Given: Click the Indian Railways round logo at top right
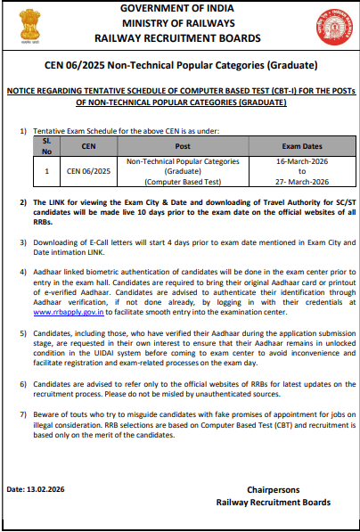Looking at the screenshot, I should tap(336, 24).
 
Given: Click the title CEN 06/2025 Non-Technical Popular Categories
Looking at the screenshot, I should tap(180, 67).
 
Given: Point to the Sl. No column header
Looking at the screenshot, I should tap(47, 145).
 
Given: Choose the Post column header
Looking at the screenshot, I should tap(183, 145).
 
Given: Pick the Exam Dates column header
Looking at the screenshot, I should tap(301, 145).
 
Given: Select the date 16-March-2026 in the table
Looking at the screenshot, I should tap(301, 162).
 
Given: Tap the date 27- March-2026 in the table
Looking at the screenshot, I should tap(301, 179).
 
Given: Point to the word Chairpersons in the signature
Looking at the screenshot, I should tap(274, 489).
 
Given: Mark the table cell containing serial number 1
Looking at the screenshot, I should tap(47, 170).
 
